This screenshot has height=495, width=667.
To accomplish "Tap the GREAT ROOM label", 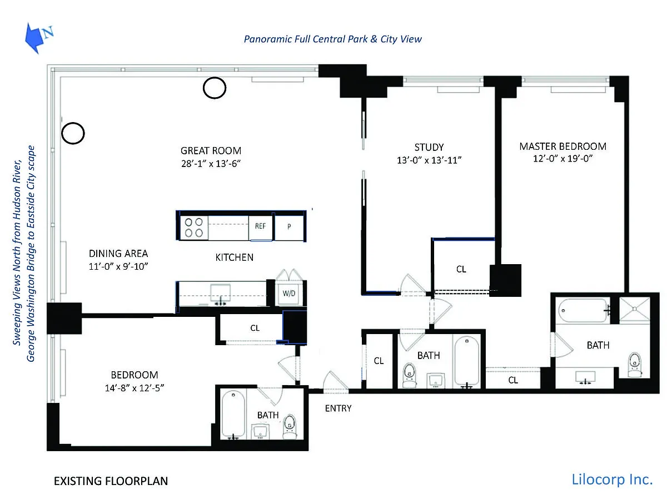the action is [211, 150].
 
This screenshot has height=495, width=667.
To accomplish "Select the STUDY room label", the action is [429, 147].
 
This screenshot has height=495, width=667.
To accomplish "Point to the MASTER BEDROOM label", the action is [563, 147].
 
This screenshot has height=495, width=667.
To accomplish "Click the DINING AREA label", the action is [118, 254].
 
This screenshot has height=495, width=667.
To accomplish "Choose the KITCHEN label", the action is [234, 257].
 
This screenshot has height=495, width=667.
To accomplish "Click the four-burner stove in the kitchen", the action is [193, 228].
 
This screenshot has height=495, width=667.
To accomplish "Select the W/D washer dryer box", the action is [288, 294].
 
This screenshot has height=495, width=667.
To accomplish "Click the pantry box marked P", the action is [289, 227].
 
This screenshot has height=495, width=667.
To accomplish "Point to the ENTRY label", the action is [339, 408].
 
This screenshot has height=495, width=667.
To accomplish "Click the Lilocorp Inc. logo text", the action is [612, 479].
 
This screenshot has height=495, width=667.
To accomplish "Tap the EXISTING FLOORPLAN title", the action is [111, 481].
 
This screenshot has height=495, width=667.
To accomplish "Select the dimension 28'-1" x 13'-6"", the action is [211, 163].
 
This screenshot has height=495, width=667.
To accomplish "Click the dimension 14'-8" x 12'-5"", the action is [135, 388].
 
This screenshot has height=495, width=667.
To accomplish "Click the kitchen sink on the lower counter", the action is [221, 293].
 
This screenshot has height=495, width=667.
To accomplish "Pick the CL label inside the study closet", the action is [461, 269].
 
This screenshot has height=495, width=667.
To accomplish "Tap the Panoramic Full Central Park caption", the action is [332, 39].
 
